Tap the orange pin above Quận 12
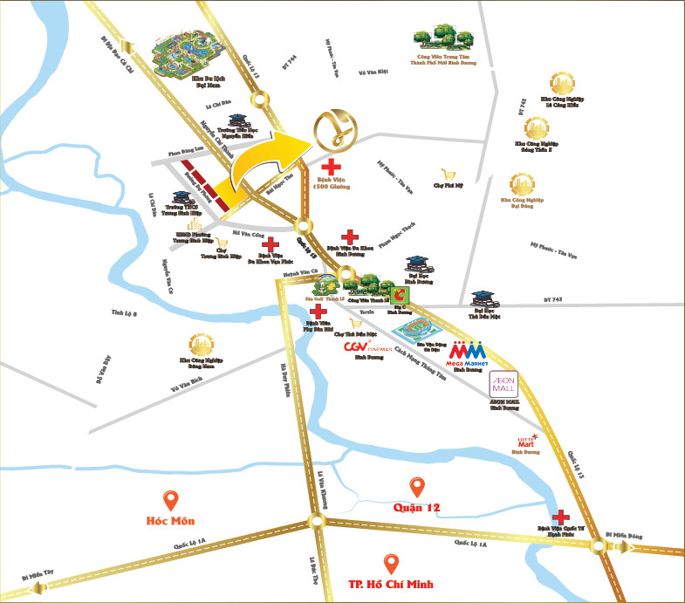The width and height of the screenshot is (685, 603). [x=416, y=487]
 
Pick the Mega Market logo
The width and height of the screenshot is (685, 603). [x=466, y=351]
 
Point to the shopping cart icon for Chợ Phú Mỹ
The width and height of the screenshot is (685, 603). [x=449, y=173]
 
